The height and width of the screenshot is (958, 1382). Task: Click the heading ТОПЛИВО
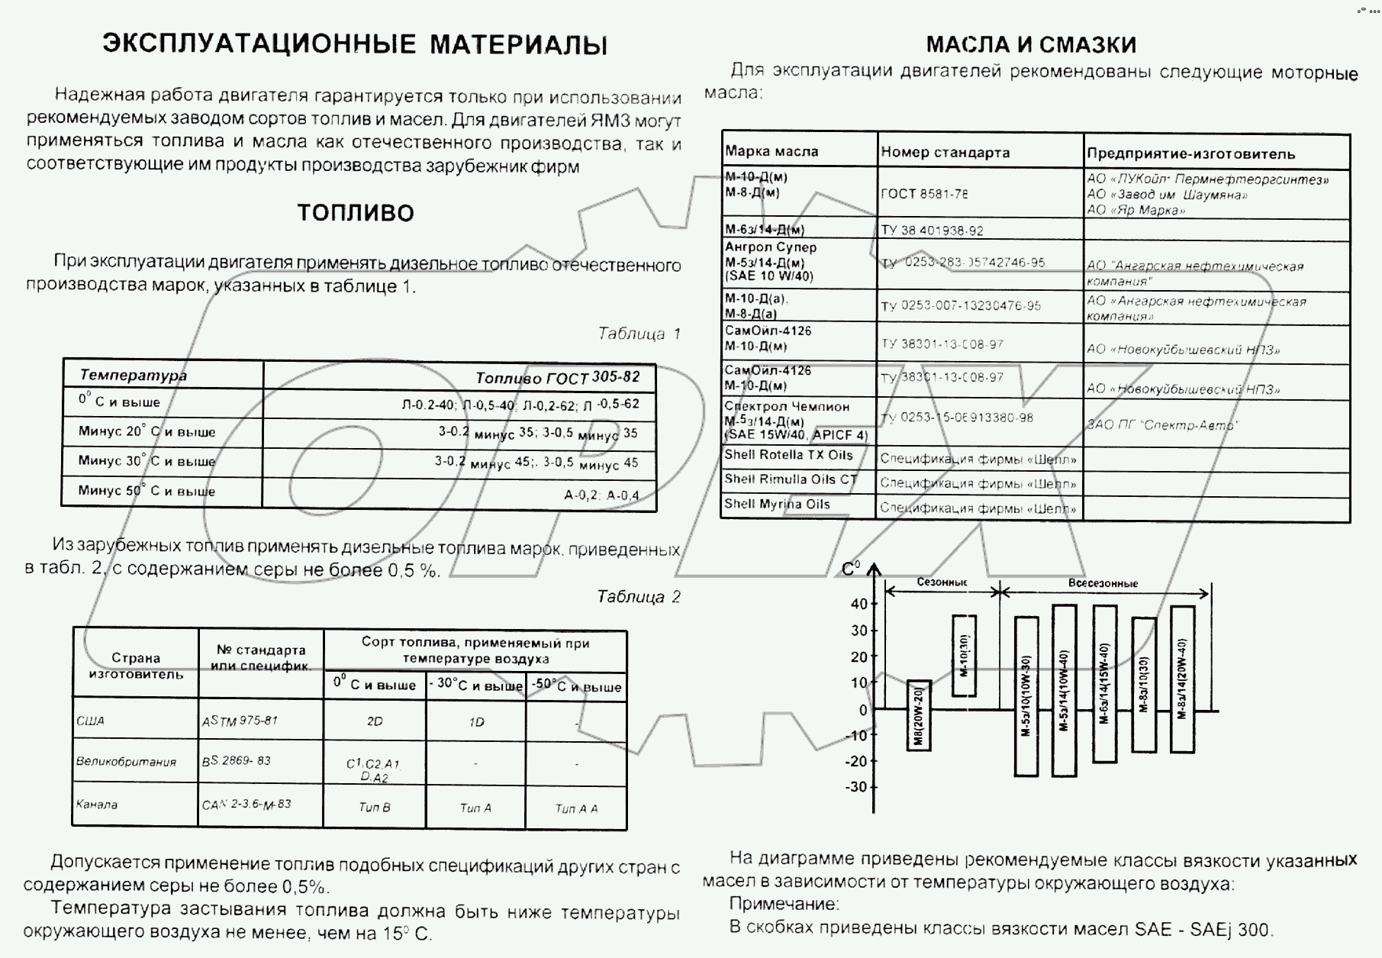tap(356, 212)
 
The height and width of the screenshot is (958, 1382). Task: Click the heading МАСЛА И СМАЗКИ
tap(1031, 44)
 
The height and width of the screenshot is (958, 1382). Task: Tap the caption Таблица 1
tap(639, 334)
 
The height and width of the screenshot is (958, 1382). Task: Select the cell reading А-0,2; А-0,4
tap(601, 495)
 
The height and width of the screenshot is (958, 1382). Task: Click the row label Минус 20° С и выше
tap(147, 431)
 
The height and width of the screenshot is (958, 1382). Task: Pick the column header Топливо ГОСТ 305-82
tap(557, 377)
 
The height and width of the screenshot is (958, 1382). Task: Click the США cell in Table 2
tap(91, 721)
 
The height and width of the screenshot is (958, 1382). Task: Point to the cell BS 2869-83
tap(236, 761)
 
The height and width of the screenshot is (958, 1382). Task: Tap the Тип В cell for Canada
tap(374, 808)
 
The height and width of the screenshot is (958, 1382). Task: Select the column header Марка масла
tap(772, 151)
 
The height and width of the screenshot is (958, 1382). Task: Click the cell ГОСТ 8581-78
tap(924, 194)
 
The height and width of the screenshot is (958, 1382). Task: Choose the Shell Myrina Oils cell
tap(777, 505)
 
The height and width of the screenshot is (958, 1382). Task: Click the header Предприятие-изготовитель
tap(1190, 153)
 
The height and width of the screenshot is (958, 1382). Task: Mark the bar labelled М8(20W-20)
tap(919, 715)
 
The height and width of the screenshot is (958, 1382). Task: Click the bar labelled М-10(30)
tap(964, 656)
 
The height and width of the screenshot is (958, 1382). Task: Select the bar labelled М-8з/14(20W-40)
tap(1182, 679)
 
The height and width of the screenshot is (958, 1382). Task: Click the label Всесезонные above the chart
tap(1103, 583)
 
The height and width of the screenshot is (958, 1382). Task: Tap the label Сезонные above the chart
tap(942, 582)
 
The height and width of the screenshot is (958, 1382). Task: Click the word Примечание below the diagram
tap(784, 905)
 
